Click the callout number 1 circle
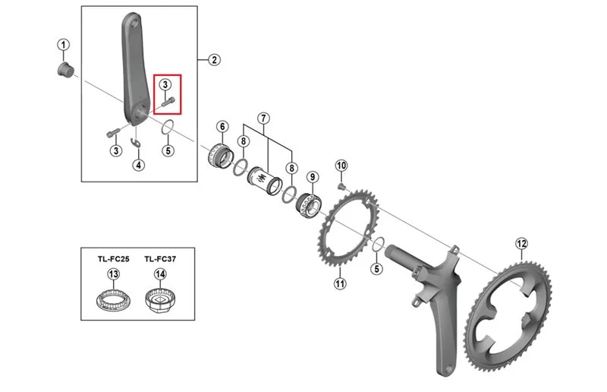pos(64,45)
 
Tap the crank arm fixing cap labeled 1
pos(65,69)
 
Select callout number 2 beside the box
pos(214,60)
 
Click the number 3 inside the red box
pos(165,84)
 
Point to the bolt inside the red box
pos(168,102)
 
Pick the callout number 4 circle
pos(138,165)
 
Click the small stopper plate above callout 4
pos(136,143)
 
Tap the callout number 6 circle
pos(222,126)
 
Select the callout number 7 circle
pos(263,119)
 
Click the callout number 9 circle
pos(313,177)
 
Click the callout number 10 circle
pos(341,166)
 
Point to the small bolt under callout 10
pos(341,188)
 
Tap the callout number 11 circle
pos(339,283)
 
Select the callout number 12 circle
pos(521,244)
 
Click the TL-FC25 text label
pos(113,258)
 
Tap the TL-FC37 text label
pos(160,258)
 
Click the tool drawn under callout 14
pos(160,300)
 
